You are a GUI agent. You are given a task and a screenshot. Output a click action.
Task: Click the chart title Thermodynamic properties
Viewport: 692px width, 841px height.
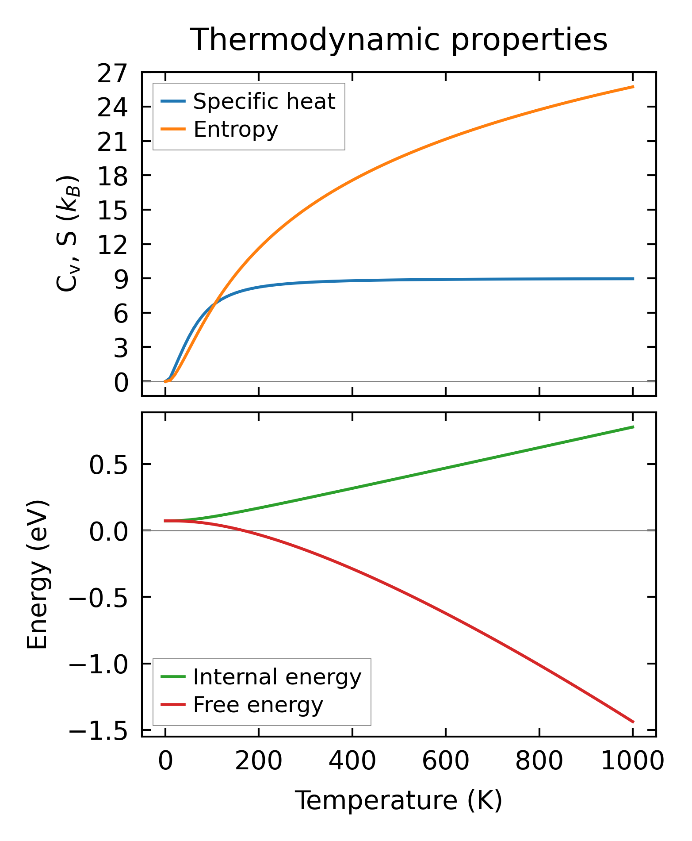(399, 40)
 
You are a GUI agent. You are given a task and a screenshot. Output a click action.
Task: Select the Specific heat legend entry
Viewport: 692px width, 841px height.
(264, 102)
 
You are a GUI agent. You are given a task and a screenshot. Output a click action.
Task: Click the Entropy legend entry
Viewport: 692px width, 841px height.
(236, 130)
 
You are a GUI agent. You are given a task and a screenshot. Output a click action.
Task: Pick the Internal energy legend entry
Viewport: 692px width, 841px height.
(277, 677)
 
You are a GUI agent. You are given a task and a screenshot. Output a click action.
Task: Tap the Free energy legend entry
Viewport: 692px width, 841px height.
(258, 705)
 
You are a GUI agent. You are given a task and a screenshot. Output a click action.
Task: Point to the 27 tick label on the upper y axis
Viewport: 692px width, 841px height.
(112, 73)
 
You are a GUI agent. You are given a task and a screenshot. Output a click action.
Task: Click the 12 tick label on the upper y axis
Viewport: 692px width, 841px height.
(112, 245)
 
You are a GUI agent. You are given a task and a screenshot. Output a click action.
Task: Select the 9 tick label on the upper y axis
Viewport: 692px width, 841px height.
(120, 279)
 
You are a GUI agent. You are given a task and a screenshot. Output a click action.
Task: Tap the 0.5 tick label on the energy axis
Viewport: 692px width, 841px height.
(108, 465)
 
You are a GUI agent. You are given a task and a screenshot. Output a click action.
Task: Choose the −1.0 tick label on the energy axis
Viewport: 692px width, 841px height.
(98, 665)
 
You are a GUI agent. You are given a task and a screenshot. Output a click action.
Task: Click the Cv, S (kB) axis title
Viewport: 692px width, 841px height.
(68, 234)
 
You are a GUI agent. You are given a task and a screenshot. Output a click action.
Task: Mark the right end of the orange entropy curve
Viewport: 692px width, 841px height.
(633, 87)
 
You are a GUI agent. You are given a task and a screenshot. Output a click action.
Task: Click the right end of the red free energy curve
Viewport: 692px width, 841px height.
(633, 722)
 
